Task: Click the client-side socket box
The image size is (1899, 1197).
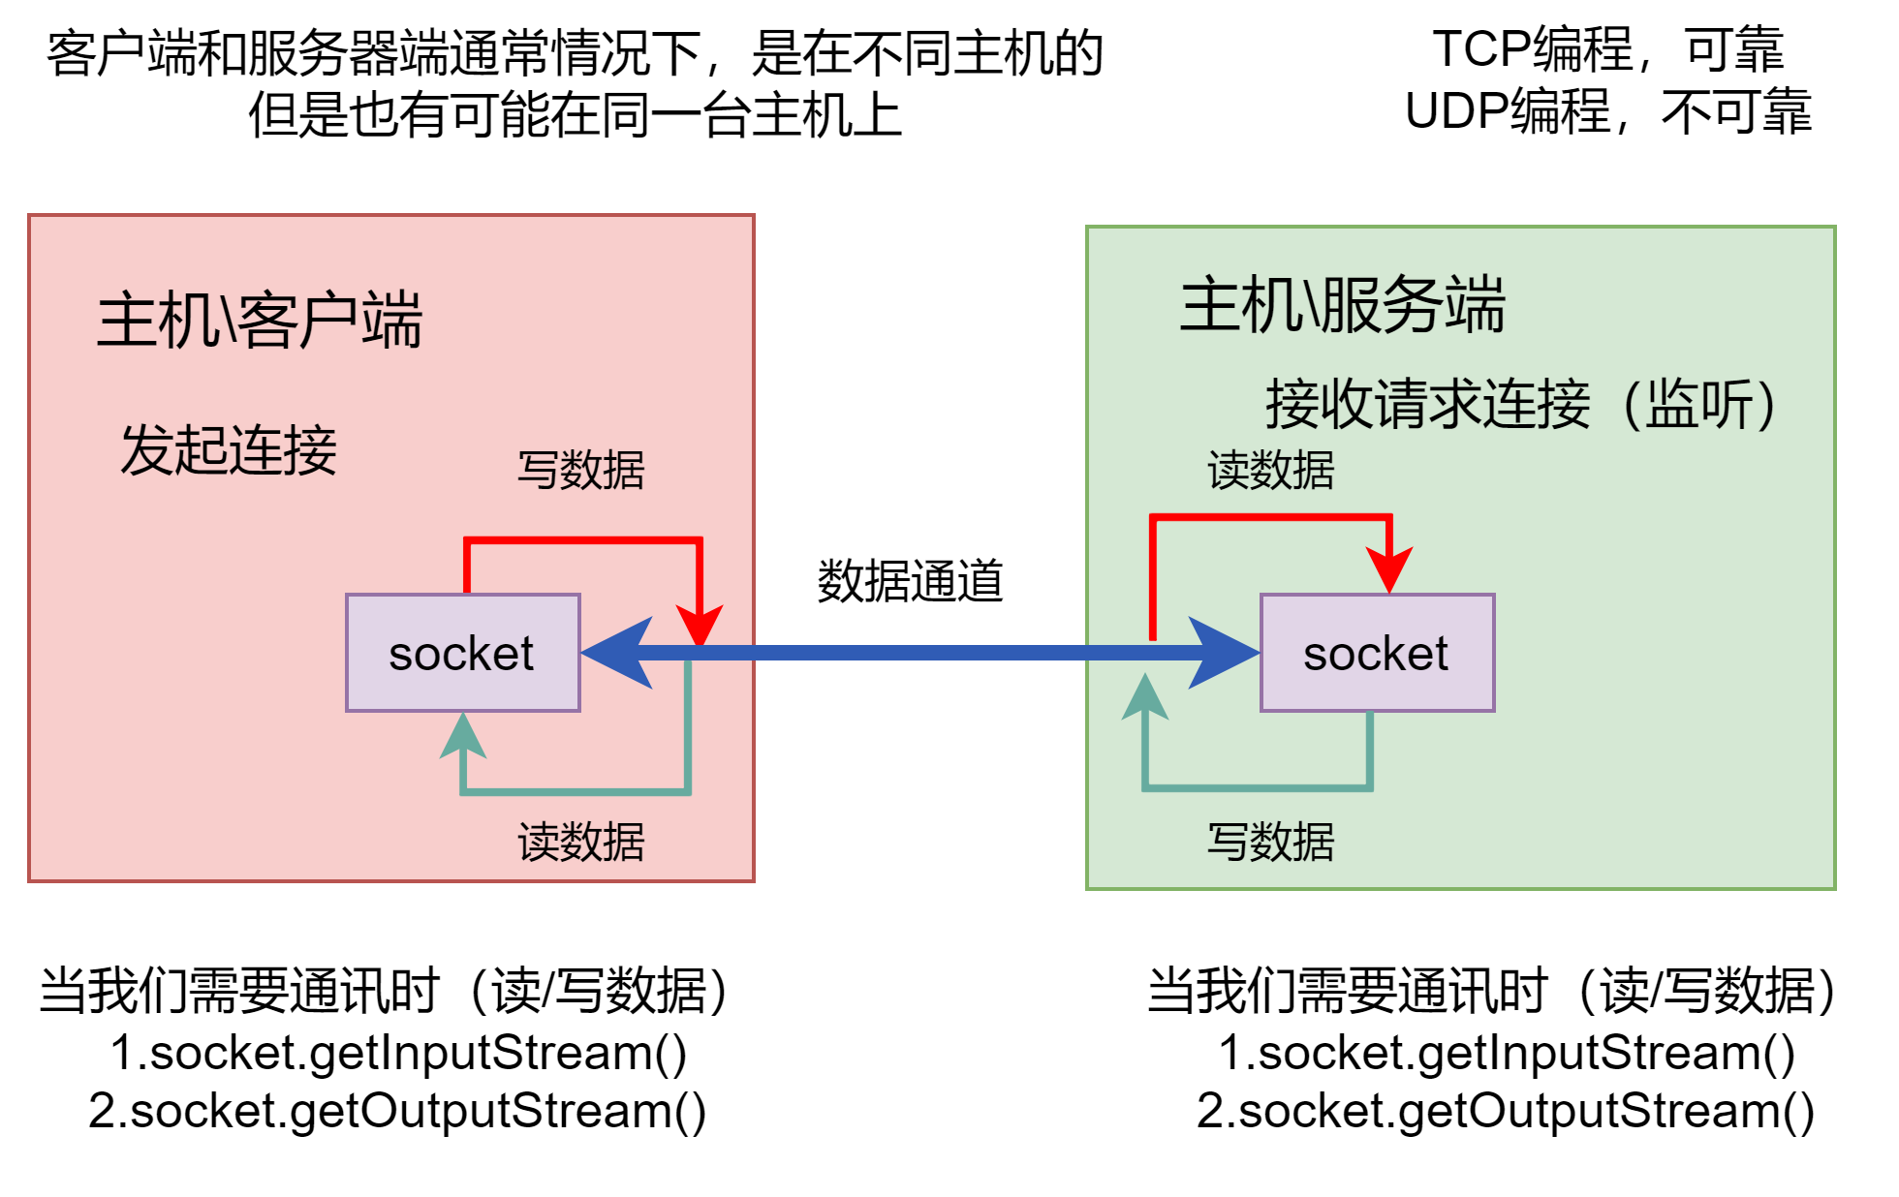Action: click(x=463, y=653)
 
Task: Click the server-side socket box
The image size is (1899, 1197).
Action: click(x=1377, y=653)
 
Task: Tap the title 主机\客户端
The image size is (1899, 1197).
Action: click(x=260, y=320)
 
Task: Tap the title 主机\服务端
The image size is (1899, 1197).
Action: click(x=1343, y=305)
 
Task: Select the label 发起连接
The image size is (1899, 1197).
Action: click(x=229, y=450)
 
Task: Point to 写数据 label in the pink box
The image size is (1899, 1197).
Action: click(x=581, y=471)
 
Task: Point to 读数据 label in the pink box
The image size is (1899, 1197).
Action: click(x=581, y=842)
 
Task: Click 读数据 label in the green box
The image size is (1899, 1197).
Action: click(x=1271, y=471)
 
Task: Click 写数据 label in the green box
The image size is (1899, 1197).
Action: click(x=1271, y=842)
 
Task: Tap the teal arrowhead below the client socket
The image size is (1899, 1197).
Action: click(x=463, y=737)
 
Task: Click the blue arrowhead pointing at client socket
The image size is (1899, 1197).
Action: click(x=620, y=653)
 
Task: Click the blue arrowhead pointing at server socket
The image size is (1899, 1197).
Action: click(x=1223, y=653)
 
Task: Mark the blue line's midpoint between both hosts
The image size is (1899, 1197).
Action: click(x=920, y=653)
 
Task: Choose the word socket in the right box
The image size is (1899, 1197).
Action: click(x=1376, y=654)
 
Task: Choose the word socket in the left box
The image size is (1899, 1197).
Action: click(x=461, y=654)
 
